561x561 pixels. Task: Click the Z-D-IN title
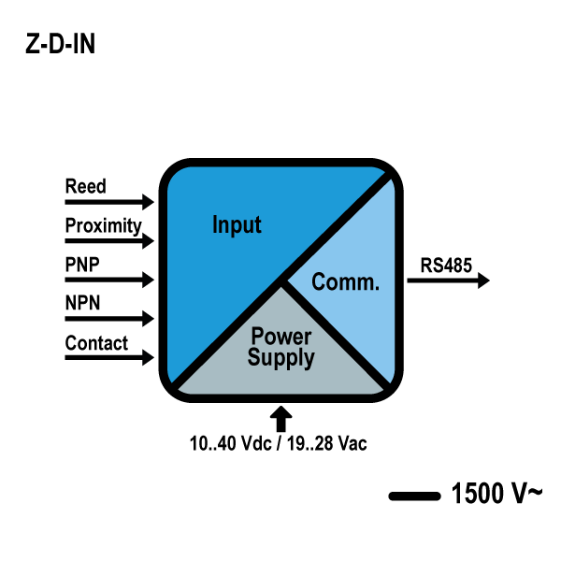coord(60,46)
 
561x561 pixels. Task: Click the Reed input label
coord(85,186)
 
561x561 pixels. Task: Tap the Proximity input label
coord(103,225)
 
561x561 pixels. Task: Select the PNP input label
coord(82,265)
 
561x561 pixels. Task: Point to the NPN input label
coord(82,304)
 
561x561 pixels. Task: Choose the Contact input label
coord(96,343)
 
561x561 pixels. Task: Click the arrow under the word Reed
coord(108,201)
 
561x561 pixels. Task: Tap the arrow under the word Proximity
coord(108,240)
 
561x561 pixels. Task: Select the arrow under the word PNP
coord(108,280)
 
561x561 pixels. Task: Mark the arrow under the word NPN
coord(108,319)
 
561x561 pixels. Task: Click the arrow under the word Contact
coord(108,357)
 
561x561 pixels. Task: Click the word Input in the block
coord(237,225)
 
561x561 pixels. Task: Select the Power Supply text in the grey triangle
coord(280,347)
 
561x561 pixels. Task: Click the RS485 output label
coord(446,265)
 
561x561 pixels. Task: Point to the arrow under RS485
coord(449,280)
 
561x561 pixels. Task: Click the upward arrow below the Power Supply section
coord(281,417)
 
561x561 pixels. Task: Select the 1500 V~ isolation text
coord(495,494)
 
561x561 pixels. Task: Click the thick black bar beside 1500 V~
coord(413,496)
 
